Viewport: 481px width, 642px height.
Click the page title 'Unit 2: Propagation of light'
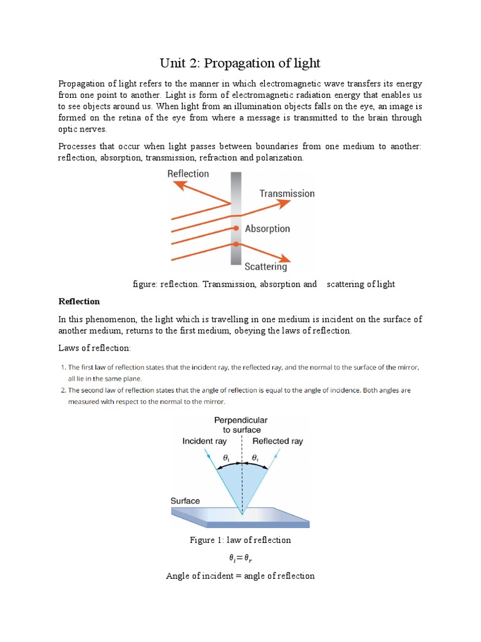[240, 63]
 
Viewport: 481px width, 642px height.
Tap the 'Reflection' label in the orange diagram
[188, 173]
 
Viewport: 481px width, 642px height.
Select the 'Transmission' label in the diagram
[287, 194]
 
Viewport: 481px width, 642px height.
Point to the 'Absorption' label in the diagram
[267, 229]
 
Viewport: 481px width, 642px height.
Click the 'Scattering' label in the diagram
[266, 267]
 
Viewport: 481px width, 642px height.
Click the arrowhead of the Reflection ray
[179, 185]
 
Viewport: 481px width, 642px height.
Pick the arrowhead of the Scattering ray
[284, 258]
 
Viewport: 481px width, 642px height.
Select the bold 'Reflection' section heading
[79, 302]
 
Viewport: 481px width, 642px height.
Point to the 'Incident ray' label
[205, 441]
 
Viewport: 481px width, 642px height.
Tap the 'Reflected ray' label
[277, 441]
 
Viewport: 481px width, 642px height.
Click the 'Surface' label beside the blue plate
[185, 501]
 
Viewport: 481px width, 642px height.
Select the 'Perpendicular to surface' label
[242, 424]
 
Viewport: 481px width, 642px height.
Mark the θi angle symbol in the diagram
[227, 458]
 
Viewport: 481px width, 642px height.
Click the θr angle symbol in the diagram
[255, 458]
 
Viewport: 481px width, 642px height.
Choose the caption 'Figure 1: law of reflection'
[240, 540]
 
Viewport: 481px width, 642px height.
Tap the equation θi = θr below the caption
[240, 558]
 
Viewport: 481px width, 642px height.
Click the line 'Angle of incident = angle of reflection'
[240, 576]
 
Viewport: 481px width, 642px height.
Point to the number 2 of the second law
[63, 390]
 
